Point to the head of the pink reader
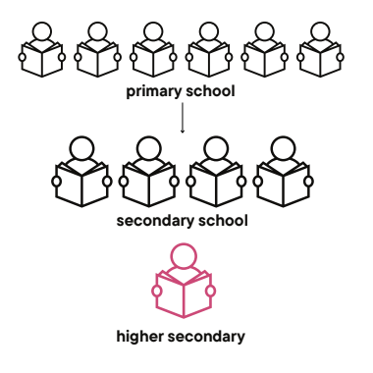[183, 257]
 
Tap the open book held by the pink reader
[183, 295]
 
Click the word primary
[155, 93]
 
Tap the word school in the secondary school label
[222, 220]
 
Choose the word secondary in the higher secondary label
[210, 338]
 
